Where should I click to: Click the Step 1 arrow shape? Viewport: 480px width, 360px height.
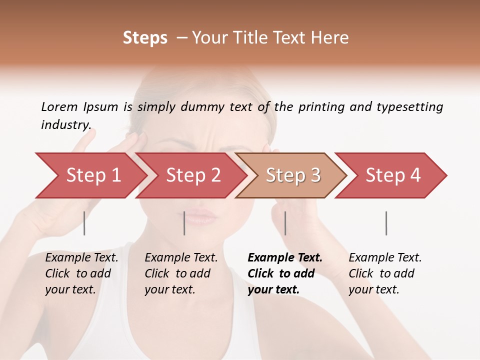coord(92,175)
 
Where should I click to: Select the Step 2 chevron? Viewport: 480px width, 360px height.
coord(193,175)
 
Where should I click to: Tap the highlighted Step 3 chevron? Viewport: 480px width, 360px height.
coord(292,175)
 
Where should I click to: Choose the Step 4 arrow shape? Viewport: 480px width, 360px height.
coord(393,175)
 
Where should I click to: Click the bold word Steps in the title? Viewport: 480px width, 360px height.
coord(145,38)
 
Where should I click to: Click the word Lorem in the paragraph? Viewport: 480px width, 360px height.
coord(59,106)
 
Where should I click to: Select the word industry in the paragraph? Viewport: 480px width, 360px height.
coord(65,124)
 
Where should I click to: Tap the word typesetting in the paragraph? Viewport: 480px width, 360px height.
coord(409,106)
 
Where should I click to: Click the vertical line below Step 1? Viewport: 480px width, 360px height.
coord(84,223)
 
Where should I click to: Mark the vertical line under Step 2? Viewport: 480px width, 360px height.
coord(184,223)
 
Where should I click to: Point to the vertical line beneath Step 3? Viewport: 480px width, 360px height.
coord(285,223)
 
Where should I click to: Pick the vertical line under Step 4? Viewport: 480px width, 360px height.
coord(386,223)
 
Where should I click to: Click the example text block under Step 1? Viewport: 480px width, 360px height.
coord(81,273)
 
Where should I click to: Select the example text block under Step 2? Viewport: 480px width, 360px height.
coord(181,273)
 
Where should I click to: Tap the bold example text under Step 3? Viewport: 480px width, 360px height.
coord(285,273)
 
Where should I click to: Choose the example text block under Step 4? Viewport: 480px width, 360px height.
coord(385,273)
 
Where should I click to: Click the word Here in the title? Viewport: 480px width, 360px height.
coord(332,38)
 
